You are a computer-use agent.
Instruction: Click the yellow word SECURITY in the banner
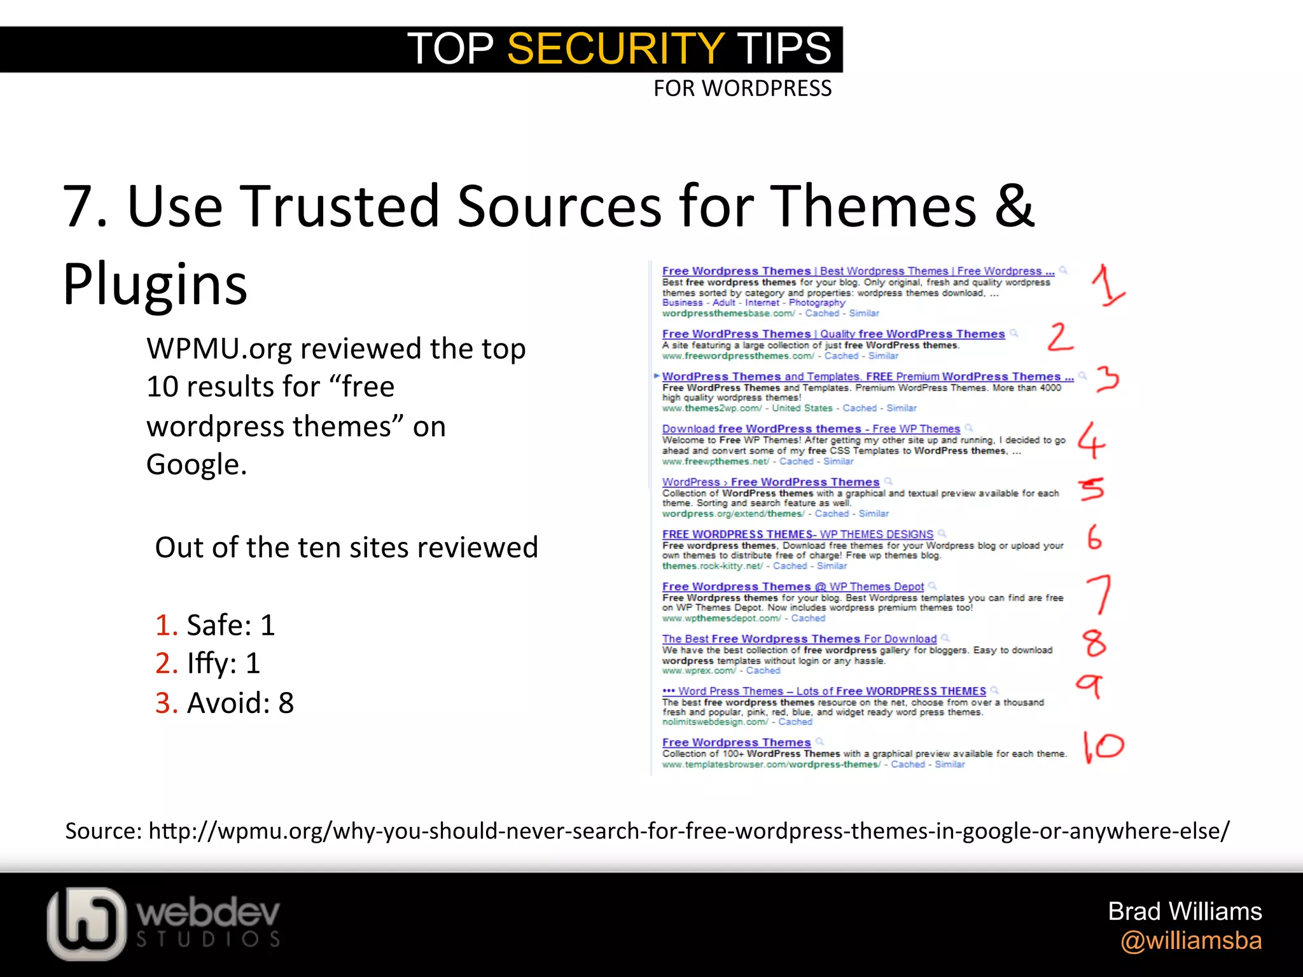(615, 49)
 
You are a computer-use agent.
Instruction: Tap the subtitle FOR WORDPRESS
(742, 88)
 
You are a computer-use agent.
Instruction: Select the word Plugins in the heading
(155, 284)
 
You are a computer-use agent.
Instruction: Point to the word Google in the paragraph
(196, 465)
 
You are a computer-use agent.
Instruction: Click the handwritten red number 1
(1108, 286)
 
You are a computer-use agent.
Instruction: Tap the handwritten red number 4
(1091, 440)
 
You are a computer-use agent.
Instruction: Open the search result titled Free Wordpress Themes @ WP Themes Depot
(792, 586)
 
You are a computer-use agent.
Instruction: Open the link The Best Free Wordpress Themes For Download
(798, 639)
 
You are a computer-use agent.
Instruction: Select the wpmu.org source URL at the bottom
(688, 831)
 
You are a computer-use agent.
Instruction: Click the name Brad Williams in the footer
(1184, 911)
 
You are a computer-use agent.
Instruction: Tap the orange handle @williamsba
(1190, 941)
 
